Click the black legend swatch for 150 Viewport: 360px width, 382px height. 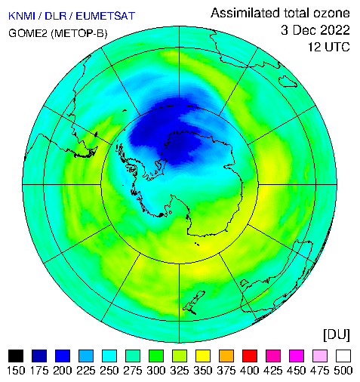(x=16, y=356)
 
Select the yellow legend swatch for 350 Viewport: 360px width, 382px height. (x=203, y=356)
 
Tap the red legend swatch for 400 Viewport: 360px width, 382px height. (x=250, y=356)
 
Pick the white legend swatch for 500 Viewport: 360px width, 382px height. (x=343, y=356)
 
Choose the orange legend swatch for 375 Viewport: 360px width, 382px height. (x=226, y=356)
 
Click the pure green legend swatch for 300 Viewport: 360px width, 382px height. (x=156, y=356)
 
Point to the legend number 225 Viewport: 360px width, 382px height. (x=86, y=371)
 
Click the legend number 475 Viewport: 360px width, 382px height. (x=320, y=371)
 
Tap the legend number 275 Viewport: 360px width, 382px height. (x=133, y=371)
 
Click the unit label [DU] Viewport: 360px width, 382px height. (x=337, y=334)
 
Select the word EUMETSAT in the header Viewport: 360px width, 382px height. (x=106, y=16)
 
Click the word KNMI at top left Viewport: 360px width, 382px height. (x=22, y=16)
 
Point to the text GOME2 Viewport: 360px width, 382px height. (x=28, y=33)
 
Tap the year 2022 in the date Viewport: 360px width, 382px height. (x=331, y=30)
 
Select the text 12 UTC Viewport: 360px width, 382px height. (x=329, y=47)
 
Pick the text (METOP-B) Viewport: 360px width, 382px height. (x=79, y=33)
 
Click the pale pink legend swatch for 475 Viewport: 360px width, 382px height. (x=320, y=356)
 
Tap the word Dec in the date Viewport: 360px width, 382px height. (x=301, y=30)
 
